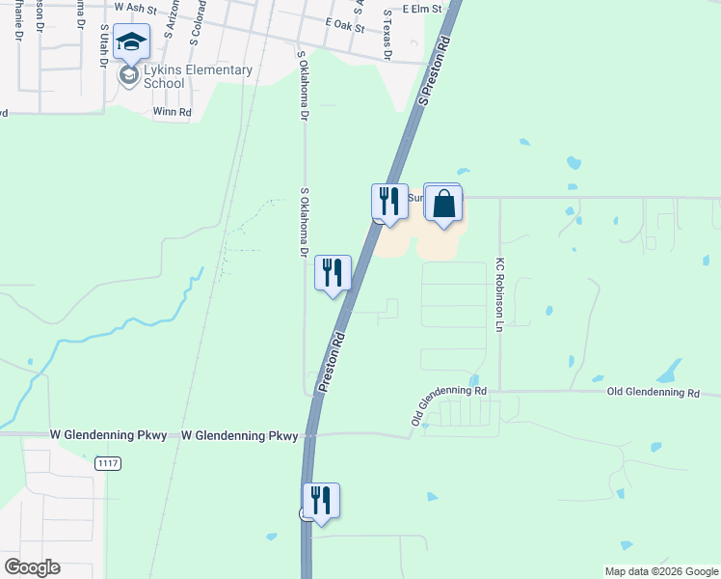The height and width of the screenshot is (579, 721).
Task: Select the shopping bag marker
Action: pos(443,205)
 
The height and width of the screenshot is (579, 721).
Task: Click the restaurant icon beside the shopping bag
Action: pos(389,203)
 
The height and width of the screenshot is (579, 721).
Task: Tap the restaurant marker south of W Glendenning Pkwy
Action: pos(321,502)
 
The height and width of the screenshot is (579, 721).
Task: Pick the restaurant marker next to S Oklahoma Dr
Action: pos(333,273)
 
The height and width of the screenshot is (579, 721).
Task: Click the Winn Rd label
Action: pos(173,112)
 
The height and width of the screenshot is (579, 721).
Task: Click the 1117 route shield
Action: pos(108,464)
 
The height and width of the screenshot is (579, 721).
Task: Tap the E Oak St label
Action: pos(346,27)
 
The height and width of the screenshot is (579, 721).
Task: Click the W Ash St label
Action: pos(134,7)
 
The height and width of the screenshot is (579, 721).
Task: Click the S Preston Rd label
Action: pos(435,73)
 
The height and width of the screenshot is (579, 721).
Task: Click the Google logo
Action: pos(32,567)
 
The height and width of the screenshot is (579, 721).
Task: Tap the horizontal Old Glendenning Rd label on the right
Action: pos(653,394)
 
